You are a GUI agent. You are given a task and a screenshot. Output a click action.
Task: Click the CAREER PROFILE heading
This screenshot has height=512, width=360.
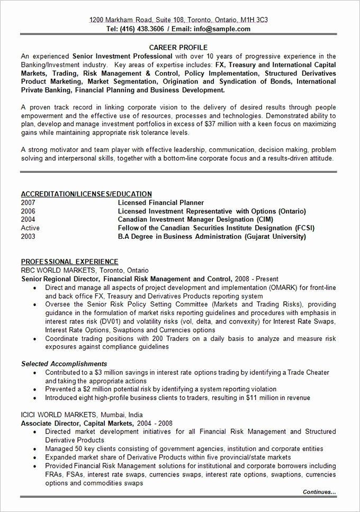(x=178, y=47)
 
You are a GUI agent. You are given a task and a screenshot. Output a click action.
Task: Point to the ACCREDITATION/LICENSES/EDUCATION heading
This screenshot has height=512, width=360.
(x=86, y=194)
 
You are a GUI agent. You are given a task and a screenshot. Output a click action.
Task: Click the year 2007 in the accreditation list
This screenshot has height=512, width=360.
(x=28, y=203)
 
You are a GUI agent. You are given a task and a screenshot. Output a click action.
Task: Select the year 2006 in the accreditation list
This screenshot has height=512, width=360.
(x=28, y=211)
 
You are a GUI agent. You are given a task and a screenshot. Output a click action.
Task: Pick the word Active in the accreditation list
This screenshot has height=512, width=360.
(x=30, y=228)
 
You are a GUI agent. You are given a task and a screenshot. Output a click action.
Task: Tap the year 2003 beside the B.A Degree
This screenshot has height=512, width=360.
(x=28, y=237)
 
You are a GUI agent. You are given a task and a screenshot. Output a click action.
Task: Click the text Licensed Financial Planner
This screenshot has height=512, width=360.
(x=161, y=203)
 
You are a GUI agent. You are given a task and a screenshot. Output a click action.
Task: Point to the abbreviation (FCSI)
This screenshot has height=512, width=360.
(x=303, y=228)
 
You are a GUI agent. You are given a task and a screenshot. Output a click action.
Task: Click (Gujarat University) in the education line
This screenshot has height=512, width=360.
(x=275, y=237)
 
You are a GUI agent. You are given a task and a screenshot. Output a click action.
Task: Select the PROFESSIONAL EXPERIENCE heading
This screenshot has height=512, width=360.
(x=69, y=262)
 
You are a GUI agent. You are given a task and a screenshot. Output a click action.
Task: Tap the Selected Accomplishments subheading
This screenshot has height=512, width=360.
(x=64, y=364)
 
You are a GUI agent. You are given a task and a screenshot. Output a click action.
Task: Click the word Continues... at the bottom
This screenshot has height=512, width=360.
(x=319, y=492)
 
